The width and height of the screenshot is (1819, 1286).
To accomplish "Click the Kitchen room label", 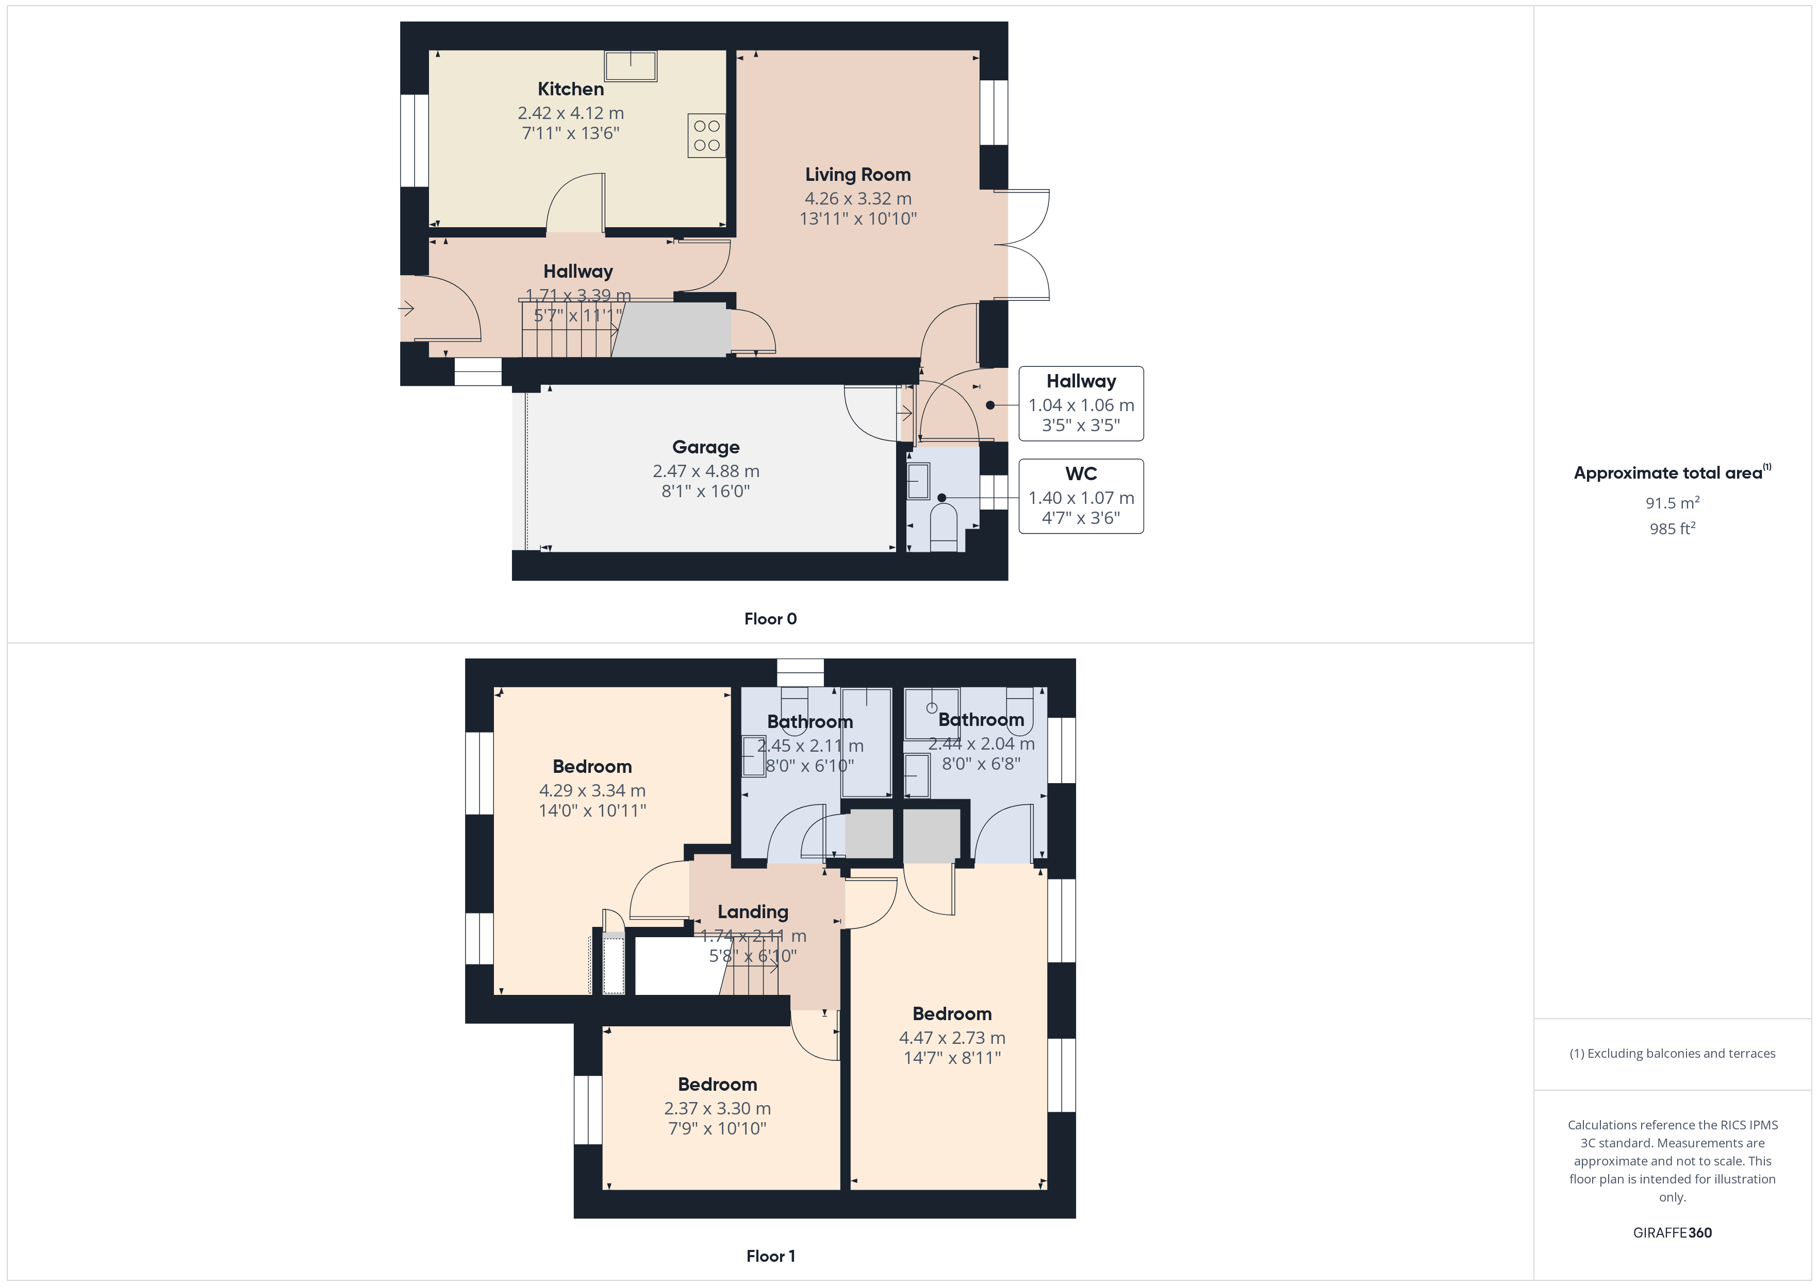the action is pyautogui.click(x=570, y=89).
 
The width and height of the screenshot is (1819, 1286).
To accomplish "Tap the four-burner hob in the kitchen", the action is pyautogui.click(x=706, y=136).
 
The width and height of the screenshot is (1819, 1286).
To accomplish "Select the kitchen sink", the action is pyautogui.click(x=631, y=66).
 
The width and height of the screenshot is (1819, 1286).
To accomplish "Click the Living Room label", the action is pyautogui.click(x=858, y=174).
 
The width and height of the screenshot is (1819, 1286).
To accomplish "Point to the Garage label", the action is pyautogui.click(x=706, y=447).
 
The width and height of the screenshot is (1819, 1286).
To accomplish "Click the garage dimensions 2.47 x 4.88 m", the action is pyautogui.click(x=706, y=471).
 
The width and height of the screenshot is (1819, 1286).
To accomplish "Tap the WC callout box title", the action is pyautogui.click(x=1081, y=473).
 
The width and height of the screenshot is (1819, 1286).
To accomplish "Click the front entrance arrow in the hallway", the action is pyautogui.click(x=406, y=308).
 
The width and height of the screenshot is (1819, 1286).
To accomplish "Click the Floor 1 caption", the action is pyautogui.click(x=770, y=1256).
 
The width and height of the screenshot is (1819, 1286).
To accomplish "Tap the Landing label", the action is pyautogui.click(x=753, y=912).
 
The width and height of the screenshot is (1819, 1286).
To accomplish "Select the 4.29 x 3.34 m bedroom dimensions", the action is pyautogui.click(x=592, y=790).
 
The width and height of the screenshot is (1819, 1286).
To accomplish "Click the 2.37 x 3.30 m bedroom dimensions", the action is pyautogui.click(x=717, y=1109).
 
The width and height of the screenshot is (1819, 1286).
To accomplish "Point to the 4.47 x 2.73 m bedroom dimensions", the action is pyautogui.click(x=952, y=1037).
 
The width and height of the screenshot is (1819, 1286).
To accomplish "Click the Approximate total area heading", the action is pyautogui.click(x=1672, y=473).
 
